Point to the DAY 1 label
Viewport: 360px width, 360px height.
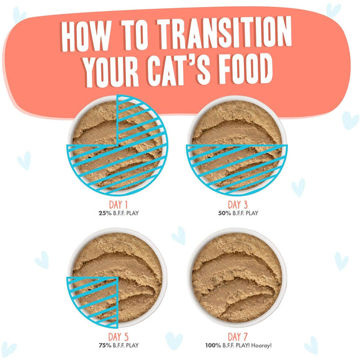tap(117, 204)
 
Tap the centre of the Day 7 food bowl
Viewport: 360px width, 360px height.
tap(237, 276)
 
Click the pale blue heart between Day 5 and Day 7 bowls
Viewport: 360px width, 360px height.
tap(178, 235)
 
